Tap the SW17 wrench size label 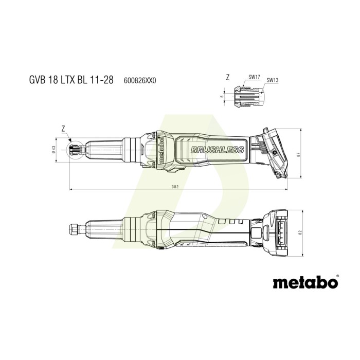click(254, 77)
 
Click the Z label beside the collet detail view click(228, 78)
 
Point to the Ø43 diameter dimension click(53, 149)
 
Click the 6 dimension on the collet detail click(222, 96)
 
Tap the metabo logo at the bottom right click(305, 282)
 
